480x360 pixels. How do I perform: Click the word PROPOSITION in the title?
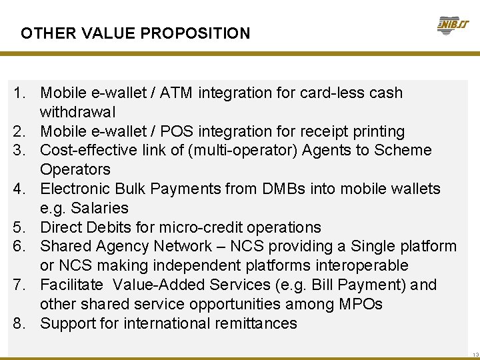(x=199, y=33)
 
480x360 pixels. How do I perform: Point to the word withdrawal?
(x=77, y=112)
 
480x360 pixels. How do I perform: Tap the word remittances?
(x=255, y=323)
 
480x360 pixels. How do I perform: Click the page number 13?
(x=474, y=355)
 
